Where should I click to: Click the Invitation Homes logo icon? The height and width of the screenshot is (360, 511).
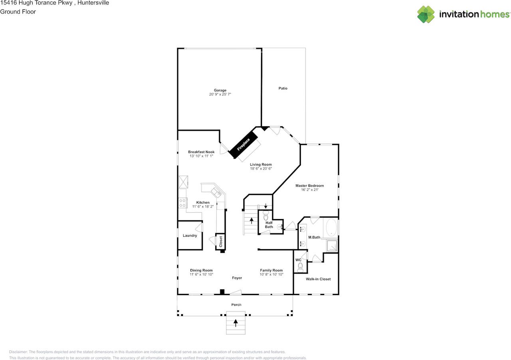tap(426, 14)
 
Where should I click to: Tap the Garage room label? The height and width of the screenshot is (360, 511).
tap(220, 90)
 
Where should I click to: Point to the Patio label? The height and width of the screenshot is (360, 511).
tap(283, 88)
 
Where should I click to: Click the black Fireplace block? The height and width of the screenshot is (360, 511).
tap(243, 144)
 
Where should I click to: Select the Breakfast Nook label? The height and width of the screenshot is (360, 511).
tap(201, 152)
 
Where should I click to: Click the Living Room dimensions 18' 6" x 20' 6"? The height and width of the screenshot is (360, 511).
tap(261, 168)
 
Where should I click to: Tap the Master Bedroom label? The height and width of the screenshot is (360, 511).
tap(309, 186)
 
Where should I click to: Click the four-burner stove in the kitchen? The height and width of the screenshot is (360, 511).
tap(182, 203)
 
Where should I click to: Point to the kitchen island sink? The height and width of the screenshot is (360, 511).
tap(216, 192)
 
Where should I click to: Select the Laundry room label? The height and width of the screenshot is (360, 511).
tap(190, 235)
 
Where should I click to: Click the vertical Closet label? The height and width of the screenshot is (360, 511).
tap(221, 241)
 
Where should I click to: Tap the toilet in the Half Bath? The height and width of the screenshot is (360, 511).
tap(266, 215)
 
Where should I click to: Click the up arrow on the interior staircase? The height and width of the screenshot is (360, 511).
tap(252, 221)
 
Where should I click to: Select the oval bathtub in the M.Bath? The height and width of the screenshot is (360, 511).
tap(331, 227)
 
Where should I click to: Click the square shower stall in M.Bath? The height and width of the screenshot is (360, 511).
tap(332, 246)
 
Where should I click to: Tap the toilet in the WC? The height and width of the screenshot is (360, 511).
tap(300, 267)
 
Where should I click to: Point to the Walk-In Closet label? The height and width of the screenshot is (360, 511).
tap(318, 279)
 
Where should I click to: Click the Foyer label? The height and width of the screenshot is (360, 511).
tap(237, 278)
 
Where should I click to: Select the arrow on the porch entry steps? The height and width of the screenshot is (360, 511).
tap(236, 323)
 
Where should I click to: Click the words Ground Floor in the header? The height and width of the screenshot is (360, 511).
tap(18, 12)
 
